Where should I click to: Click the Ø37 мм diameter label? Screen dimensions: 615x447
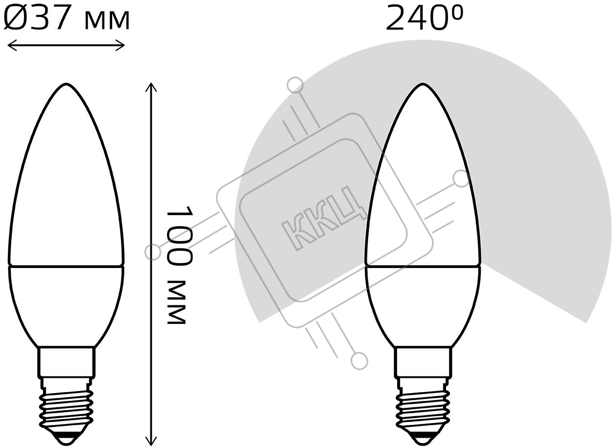tap(66, 18)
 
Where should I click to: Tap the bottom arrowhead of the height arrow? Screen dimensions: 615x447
tap(151, 440)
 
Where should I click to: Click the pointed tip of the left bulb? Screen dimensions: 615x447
tap(66, 84)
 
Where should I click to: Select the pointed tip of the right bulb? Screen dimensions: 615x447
tap(423, 84)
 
